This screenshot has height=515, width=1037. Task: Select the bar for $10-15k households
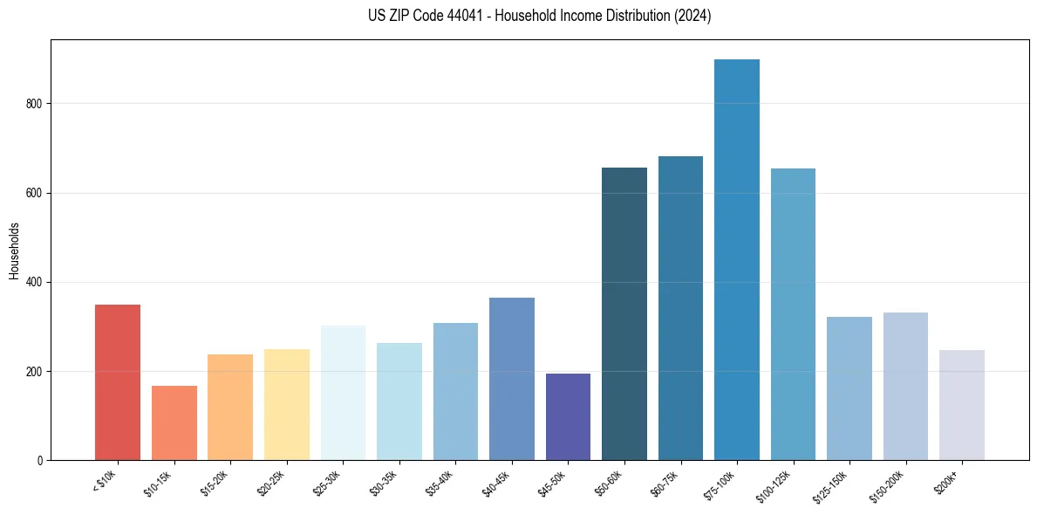pos(174,423)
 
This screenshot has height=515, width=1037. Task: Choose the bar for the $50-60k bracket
pos(624,314)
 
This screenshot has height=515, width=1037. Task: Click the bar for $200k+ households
pos(962,405)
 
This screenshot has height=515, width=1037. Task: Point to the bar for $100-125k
pos(793,314)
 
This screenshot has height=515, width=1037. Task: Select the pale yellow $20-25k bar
pos(287,405)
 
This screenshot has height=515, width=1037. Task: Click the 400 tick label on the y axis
pos(35,283)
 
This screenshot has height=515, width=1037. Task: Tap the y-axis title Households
pos(15,251)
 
